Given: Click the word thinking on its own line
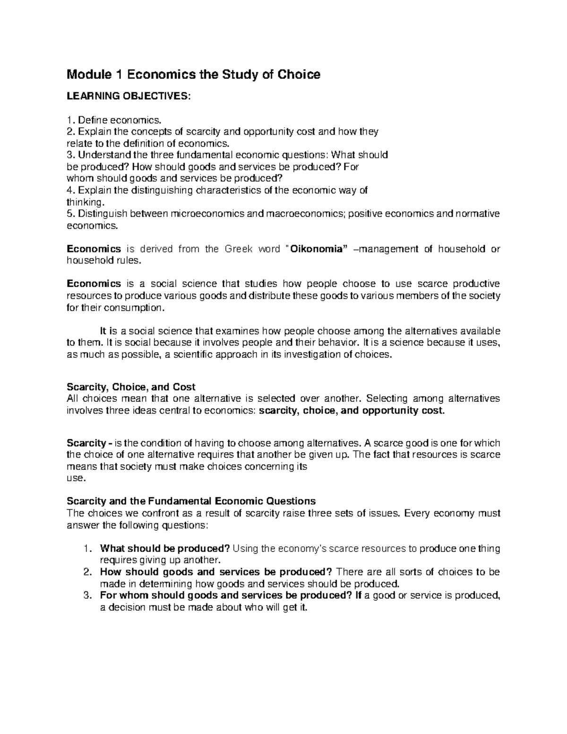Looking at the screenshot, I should (x=84, y=202).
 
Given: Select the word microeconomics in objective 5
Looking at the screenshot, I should (x=207, y=214).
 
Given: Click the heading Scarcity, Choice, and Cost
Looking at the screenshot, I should (x=131, y=387).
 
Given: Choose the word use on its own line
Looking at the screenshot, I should (x=76, y=478).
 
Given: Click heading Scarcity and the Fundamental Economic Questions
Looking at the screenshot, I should (x=191, y=501).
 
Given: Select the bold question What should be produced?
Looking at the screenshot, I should (x=165, y=549).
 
